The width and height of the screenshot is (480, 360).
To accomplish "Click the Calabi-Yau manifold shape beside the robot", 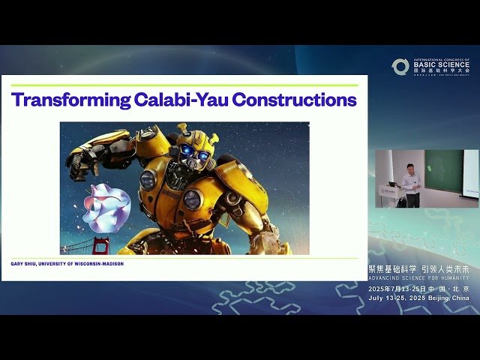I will (x=106, y=207).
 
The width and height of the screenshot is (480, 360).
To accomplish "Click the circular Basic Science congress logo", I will (x=400, y=67).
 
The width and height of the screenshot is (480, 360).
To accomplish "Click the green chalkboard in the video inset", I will (x=444, y=171).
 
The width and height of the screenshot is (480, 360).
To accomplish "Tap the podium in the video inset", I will (x=390, y=195).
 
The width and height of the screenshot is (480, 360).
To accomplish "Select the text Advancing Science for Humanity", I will (x=418, y=278).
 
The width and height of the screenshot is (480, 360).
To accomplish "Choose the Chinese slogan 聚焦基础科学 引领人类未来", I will (x=418, y=269).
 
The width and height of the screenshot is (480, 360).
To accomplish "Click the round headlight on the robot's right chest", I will (x=192, y=199).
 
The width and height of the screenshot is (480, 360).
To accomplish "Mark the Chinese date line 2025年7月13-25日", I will (x=396, y=289).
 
